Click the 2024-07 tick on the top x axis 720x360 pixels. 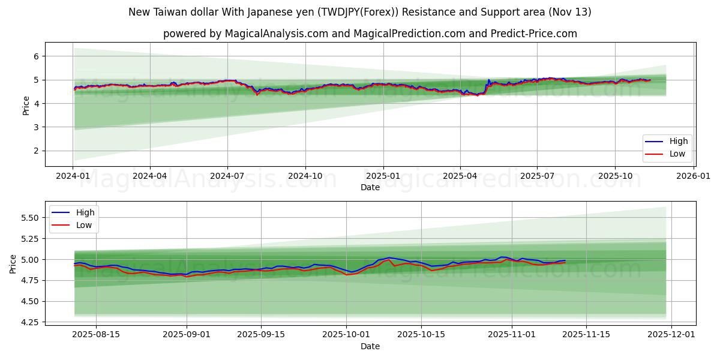(x=227, y=176)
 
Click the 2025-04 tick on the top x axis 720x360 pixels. (x=460, y=176)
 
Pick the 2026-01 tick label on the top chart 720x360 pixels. (x=694, y=176)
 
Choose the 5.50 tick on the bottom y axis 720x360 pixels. (x=29, y=218)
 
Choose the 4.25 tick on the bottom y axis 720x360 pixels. (x=29, y=322)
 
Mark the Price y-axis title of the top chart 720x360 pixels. (x=26, y=105)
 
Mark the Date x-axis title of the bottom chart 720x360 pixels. (x=370, y=346)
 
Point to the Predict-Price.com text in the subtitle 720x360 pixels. (x=535, y=34)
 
